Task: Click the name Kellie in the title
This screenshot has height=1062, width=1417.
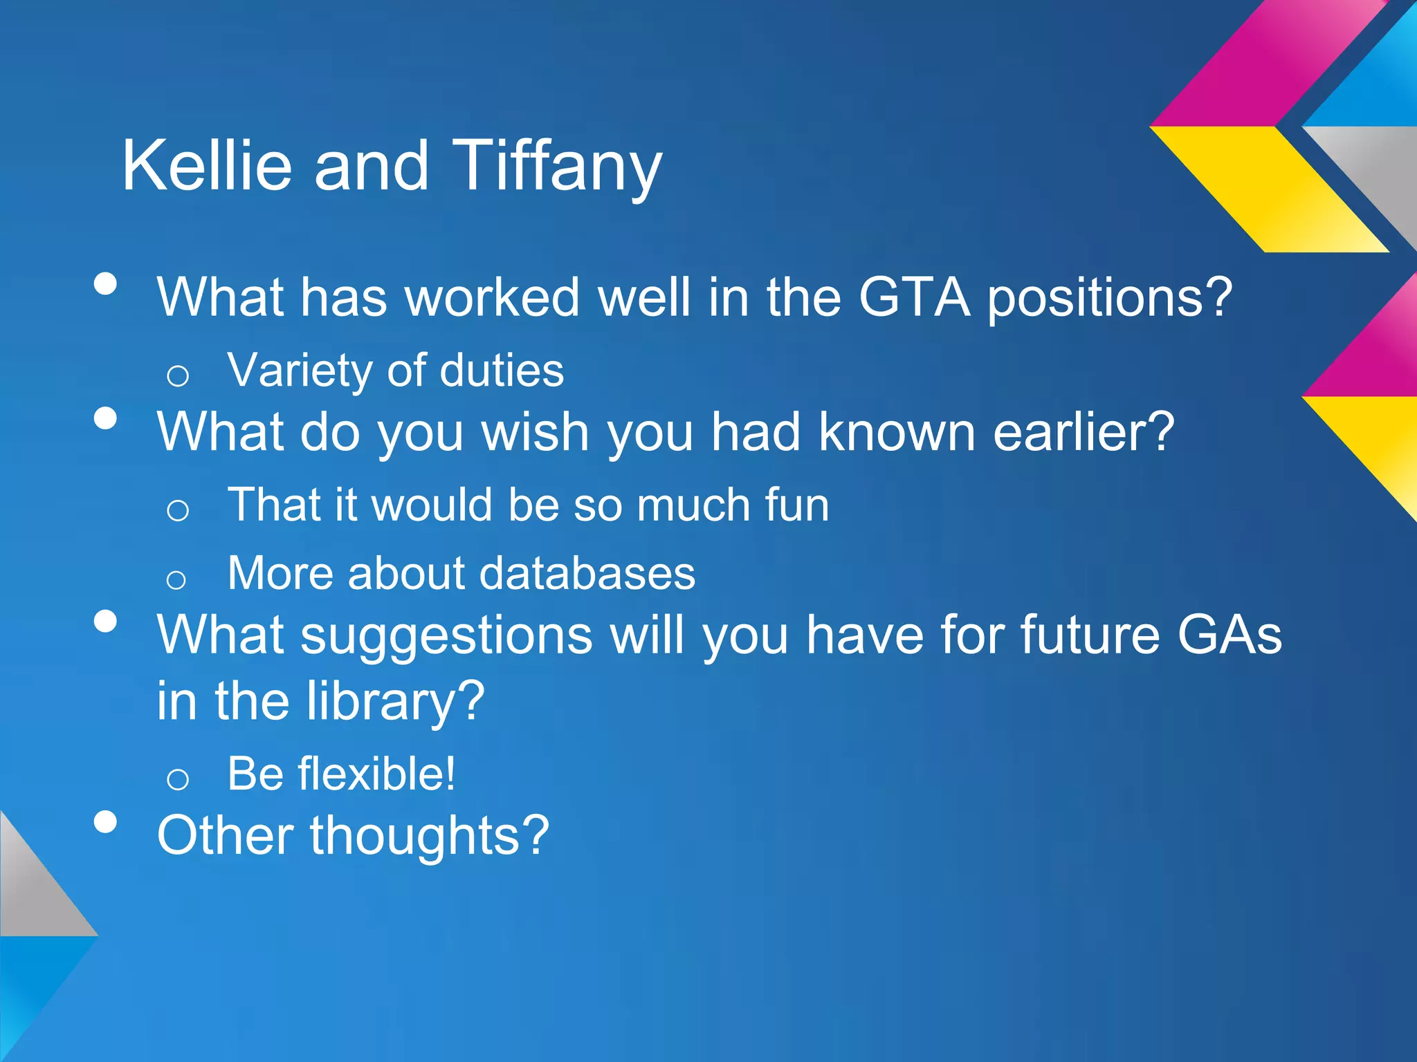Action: (x=206, y=166)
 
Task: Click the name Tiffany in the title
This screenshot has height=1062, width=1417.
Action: (x=557, y=166)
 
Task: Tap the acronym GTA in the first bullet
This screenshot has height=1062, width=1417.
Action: (x=914, y=297)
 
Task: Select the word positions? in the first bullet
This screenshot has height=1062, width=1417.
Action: (x=1109, y=299)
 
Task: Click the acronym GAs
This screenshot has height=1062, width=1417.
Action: (x=1229, y=635)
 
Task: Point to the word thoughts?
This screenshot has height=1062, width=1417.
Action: (x=429, y=835)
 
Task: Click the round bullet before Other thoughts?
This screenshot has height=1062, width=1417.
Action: (x=105, y=821)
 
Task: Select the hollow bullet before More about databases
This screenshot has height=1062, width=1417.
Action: (x=176, y=579)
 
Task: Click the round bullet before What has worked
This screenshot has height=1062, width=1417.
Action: (x=105, y=283)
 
